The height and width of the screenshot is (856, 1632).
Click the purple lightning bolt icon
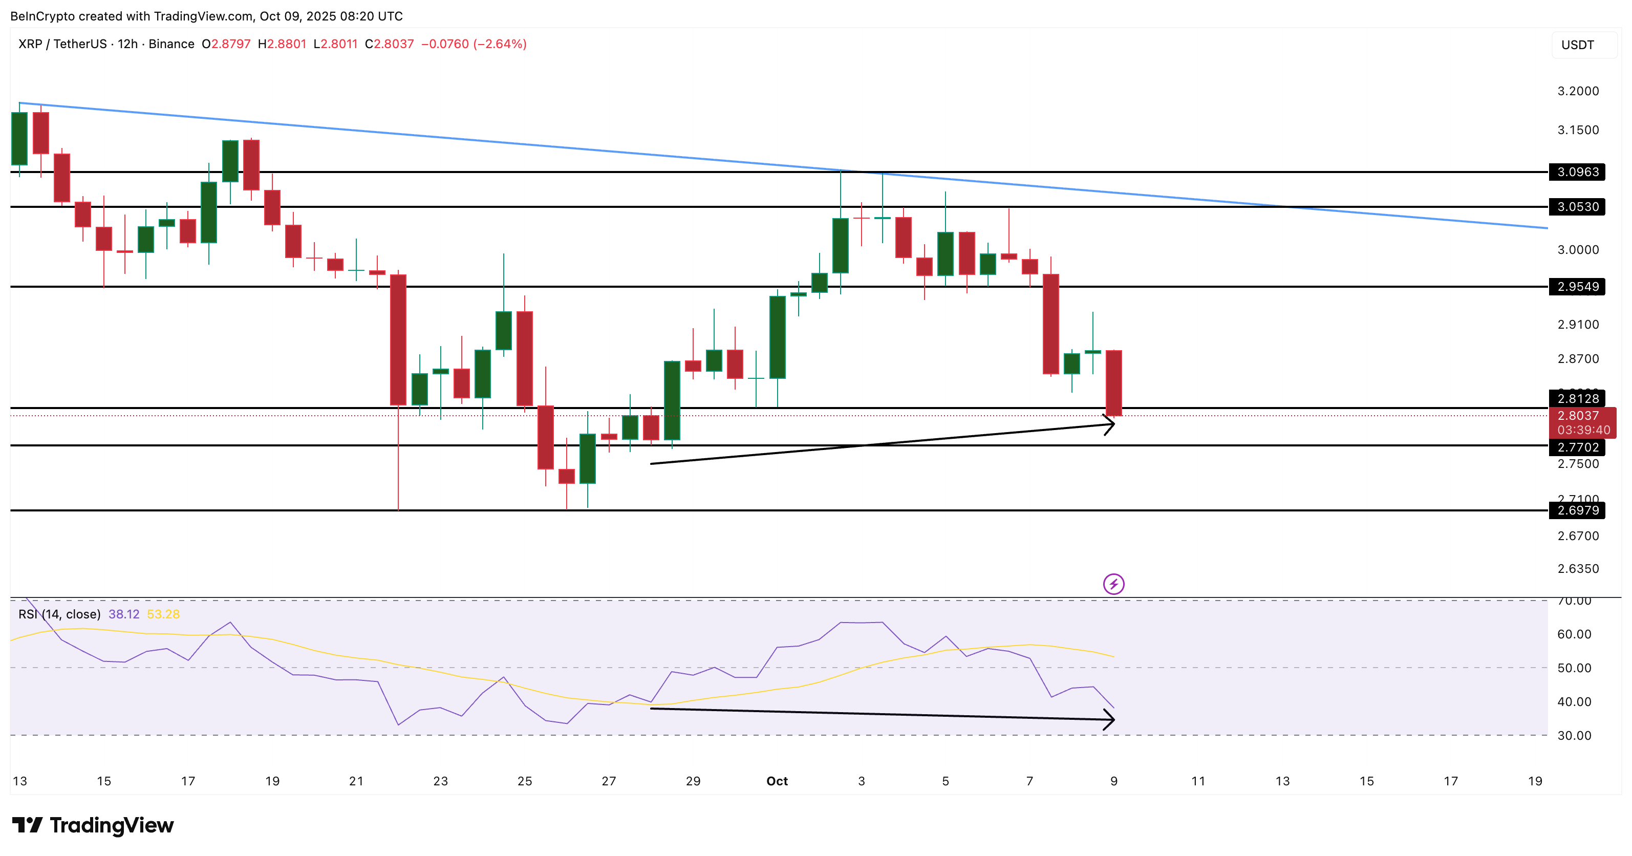point(1113,584)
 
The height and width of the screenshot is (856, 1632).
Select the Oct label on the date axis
point(777,781)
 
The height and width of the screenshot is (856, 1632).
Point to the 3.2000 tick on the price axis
point(1578,91)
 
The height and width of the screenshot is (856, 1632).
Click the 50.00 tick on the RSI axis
point(1574,668)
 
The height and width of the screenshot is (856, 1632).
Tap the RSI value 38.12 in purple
point(123,614)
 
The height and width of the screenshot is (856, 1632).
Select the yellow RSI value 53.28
point(163,614)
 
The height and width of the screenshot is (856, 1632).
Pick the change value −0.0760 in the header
point(445,44)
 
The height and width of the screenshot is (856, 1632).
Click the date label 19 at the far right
point(1534,781)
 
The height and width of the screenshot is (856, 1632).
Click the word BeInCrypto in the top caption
point(42,16)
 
